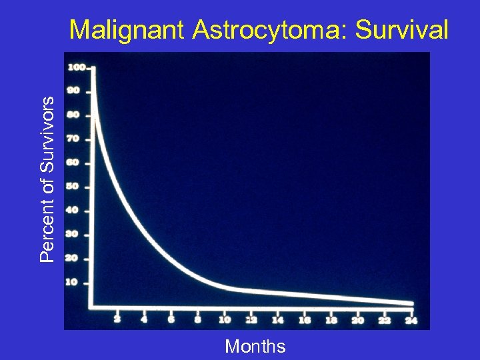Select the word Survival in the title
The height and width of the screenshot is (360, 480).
[403, 29]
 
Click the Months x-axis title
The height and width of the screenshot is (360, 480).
[255, 347]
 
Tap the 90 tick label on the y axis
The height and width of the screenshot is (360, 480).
[73, 91]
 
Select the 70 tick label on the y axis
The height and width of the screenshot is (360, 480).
[73, 139]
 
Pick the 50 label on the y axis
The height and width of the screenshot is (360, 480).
[73, 187]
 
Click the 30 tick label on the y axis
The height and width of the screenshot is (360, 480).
[73, 234]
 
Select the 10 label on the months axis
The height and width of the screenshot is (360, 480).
[224, 320]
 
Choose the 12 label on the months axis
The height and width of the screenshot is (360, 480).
[251, 320]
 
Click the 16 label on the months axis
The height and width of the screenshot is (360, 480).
[304, 320]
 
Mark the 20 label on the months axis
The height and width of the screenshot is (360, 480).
[357, 320]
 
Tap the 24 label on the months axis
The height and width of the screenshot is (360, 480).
[411, 320]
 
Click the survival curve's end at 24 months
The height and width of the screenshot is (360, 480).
[411, 303]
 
